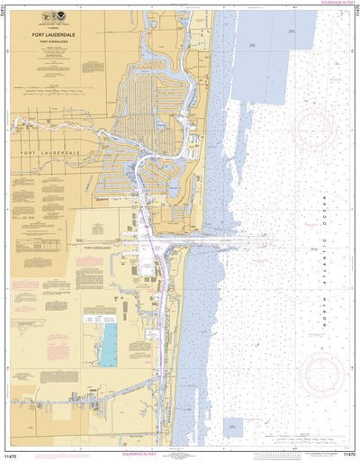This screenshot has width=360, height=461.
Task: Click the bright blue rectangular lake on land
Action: (x=108, y=345)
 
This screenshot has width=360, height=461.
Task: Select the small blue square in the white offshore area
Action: (x=233, y=428)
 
